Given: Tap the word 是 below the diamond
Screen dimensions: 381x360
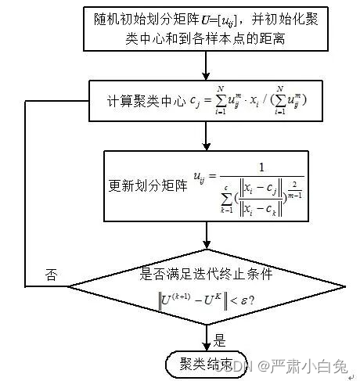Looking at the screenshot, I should pyautogui.click(x=220, y=341).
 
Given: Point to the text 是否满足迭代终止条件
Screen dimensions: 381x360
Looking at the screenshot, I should pyautogui.click(x=206, y=275).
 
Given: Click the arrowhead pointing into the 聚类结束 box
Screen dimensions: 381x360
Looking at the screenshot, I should pyautogui.click(x=207, y=345).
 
